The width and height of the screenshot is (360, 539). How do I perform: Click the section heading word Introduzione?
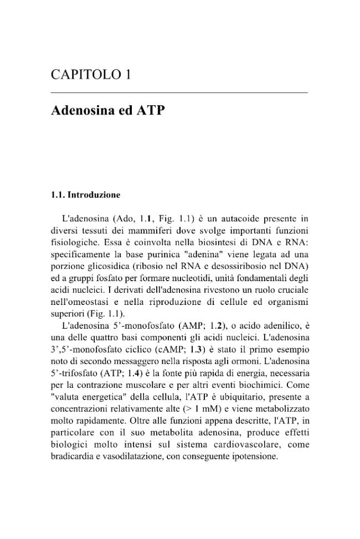click(x=93, y=195)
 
